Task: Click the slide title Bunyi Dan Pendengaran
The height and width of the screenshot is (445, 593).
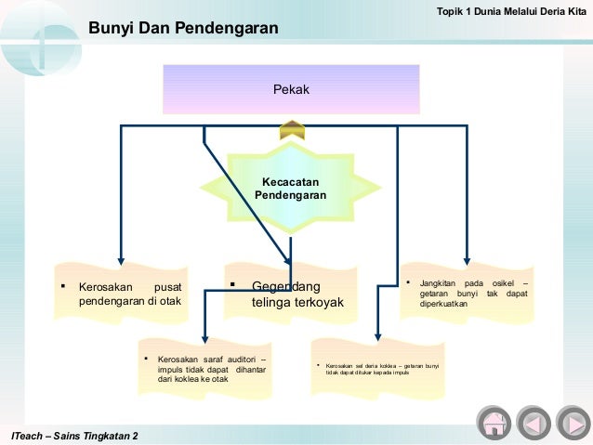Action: (x=183, y=30)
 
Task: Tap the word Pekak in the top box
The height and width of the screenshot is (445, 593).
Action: (x=291, y=89)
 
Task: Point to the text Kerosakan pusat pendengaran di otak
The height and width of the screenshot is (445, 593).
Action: (x=129, y=294)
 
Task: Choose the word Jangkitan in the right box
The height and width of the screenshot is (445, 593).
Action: (x=441, y=282)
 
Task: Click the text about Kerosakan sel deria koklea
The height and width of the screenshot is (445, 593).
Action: (x=382, y=371)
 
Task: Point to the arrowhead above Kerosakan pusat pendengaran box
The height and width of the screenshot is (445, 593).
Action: (x=120, y=262)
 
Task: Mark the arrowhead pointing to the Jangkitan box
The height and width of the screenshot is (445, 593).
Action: (x=467, y=262)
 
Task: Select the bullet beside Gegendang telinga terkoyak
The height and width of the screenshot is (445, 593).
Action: (x=232, y=284)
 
